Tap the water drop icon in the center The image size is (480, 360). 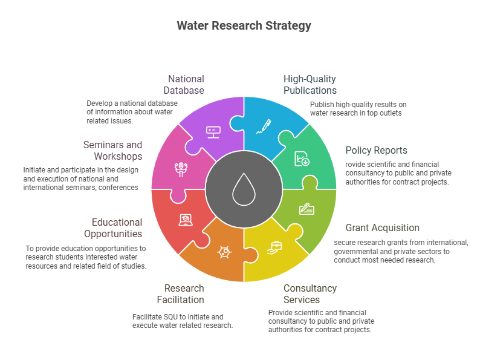point(244,186)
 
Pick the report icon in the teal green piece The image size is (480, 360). point(301,159)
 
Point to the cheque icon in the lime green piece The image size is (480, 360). point(306,209)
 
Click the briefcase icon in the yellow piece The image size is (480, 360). point(276,246)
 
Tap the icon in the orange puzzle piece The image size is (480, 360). point(224,250)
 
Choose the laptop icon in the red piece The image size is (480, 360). point(185,219)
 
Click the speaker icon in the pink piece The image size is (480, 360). point(180,168)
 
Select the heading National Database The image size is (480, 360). point(186,85)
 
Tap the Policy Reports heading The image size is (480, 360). point(376,150)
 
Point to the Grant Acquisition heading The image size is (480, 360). point(382,228)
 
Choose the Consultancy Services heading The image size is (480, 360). point(310,293)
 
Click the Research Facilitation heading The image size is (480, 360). point(184,293)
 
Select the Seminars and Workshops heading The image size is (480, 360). point(112,150)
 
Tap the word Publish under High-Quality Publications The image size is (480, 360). point(321,104)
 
